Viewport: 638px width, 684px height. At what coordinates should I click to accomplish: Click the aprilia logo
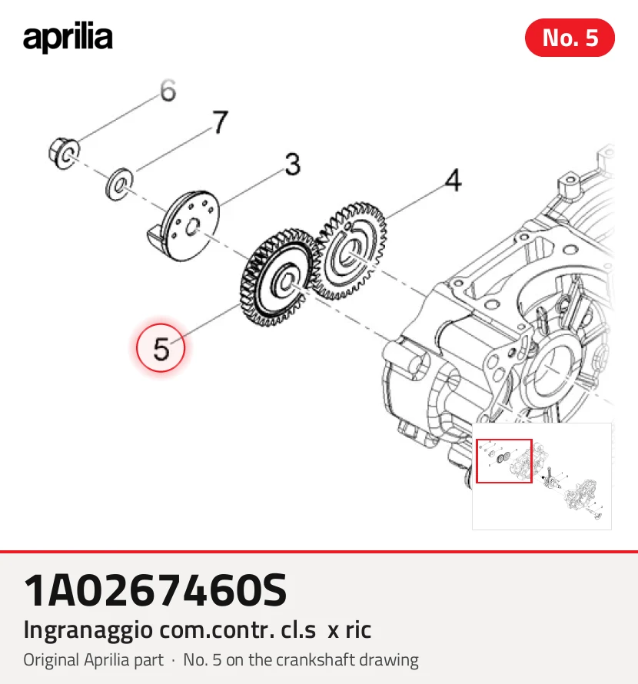coord(68,38)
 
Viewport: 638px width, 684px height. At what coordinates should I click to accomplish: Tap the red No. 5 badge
coord(570,38)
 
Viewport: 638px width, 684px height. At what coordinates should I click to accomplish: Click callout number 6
coord(168,91)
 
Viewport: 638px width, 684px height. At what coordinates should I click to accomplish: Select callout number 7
coord(221,121)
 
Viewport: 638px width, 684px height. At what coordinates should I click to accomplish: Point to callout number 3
coord(293,164)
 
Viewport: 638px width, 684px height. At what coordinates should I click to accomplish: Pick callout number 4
coord(453,180)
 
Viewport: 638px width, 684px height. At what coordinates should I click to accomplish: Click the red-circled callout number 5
coord(161,348)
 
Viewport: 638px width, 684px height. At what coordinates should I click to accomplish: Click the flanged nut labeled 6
coord(64,154)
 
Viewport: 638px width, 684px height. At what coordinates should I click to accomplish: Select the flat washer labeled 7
coord(119,184)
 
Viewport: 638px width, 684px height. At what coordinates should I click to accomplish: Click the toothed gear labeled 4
coord(350,251)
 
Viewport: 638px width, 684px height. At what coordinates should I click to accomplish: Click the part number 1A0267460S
coord(155,591)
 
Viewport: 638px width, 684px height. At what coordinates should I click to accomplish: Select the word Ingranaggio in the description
coord(88,631)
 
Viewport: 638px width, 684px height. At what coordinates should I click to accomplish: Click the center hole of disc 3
coord(191,227)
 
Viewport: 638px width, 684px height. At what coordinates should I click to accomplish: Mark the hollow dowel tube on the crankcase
coord(407,360)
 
